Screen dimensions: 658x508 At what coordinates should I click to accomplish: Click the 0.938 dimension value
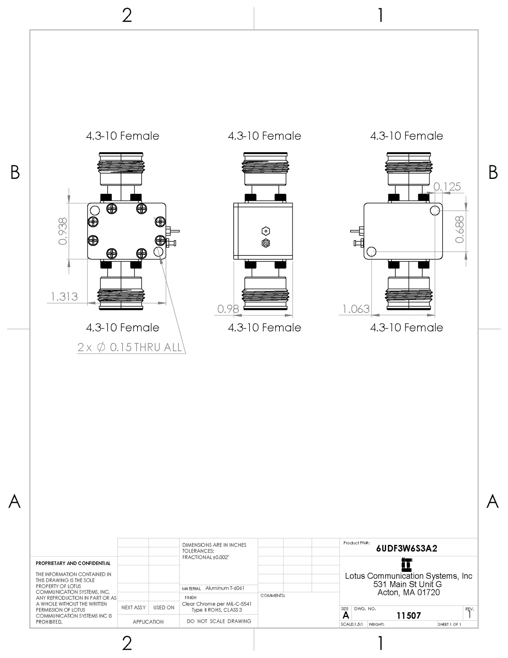click(x=63, y=231)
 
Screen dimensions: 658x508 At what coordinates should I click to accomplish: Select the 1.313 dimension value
click(x=64, y=297)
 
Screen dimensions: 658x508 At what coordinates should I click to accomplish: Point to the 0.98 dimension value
click(x=228, y=309)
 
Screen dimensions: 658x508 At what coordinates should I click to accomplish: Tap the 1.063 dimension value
click(x=356, y=309)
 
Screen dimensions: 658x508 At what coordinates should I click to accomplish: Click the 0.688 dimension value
click(x=460, y=229)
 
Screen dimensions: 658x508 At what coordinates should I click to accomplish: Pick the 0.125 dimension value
click(x=447, y=187)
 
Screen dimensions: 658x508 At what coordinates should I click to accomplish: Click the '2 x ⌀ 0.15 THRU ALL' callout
click(x=130, y=347)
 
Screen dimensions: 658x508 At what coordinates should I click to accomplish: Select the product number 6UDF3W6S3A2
click(x=406, y=548)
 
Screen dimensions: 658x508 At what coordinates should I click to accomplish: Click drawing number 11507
click(x=409, y=616)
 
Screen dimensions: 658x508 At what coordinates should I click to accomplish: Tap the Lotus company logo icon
click(x=407, y=565)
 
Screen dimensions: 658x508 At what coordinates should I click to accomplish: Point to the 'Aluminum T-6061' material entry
click(x=225, y=588)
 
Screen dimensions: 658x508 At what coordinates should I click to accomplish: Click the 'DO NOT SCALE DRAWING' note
click(x=219, y=621)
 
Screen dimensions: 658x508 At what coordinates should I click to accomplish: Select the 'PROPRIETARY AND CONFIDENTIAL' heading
click(x=73, y=563)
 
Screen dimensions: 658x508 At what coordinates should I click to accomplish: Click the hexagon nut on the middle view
click(x=266, y=231)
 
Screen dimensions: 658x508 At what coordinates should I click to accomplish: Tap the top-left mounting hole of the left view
click(x=95, y=210)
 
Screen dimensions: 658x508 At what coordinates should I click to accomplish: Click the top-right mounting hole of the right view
click(x=435, y=210)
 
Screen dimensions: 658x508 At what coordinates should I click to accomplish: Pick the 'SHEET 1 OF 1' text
click(x=449, y=624)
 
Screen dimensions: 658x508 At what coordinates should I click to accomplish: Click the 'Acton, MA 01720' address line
click(x=409, y=593)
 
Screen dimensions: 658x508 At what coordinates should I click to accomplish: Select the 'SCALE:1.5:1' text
click(x=352, y=624)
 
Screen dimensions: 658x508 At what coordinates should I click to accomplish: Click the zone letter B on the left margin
click(x=15, y=172)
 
